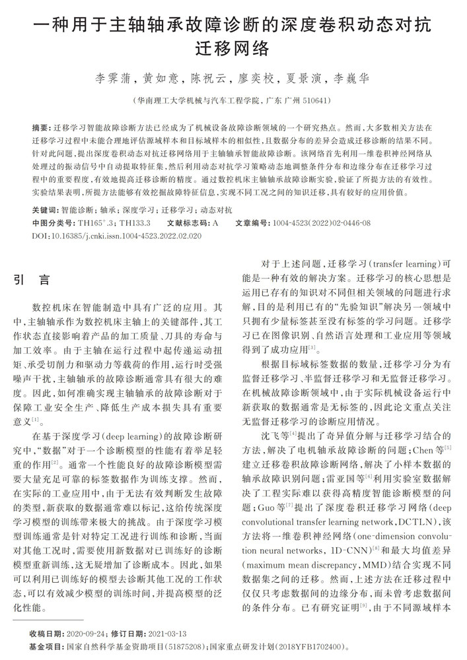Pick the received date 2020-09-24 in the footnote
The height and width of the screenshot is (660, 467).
click(84, 634)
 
